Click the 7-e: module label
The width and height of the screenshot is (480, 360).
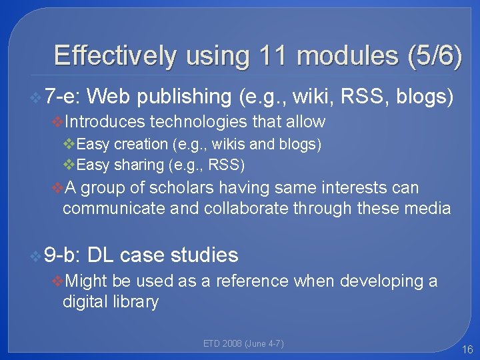[63, 97]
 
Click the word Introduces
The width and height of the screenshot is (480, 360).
[106, 121]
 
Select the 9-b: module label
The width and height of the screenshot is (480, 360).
[63, 255]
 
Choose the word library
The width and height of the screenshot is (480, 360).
[136, 302]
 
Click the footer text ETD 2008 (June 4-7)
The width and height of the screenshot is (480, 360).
[243, 344]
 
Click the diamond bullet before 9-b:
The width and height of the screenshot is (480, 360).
[35, 255]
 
